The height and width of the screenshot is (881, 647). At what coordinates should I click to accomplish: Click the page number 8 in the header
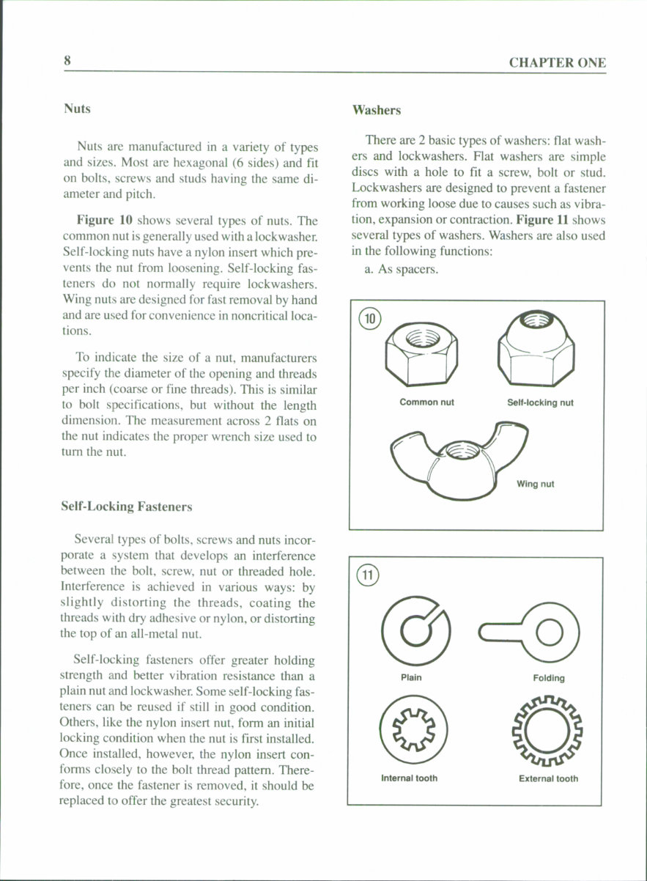[x=67, y=62]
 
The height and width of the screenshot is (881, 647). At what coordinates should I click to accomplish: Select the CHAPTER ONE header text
[x=558, y=63]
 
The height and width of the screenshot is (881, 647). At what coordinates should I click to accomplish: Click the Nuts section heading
[x=77, y=108]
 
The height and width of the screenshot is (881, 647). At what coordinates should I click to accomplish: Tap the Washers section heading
[x=377, y=110]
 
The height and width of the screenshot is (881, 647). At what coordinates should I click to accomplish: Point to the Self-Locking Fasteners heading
[x=128, y=506]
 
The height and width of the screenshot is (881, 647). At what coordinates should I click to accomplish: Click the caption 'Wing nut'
[x=535, y=484]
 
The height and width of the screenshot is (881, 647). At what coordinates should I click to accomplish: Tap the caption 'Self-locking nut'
[x=540, y=402]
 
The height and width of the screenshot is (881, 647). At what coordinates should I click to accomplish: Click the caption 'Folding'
[x=549, y=678]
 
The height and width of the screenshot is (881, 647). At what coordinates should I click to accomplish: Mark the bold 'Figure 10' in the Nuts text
[x=104, y=221]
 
